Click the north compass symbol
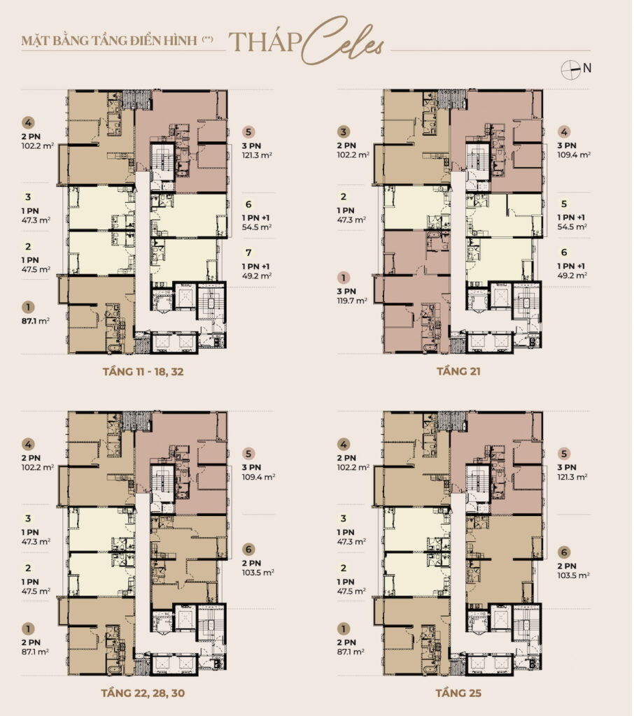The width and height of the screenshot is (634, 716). (570, 70)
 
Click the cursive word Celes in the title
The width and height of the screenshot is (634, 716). (343, 41)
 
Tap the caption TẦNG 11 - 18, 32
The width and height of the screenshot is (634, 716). (143, 372)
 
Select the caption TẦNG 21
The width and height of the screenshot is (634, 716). (458, 371)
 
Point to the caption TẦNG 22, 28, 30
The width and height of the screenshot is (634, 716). (143, 693)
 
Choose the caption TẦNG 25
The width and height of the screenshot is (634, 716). (458, 693)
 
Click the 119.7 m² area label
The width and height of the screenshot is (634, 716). (352, 301)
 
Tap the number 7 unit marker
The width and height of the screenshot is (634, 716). (248, 252)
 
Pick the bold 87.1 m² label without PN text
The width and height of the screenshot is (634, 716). (35, 321)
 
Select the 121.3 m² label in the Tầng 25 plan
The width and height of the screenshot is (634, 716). (572, 477)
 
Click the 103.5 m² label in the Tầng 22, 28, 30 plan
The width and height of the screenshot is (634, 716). (258, 573)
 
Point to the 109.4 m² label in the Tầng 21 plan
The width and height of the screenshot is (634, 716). (574, 155)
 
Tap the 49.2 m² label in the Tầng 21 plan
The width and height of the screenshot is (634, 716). (572, 275)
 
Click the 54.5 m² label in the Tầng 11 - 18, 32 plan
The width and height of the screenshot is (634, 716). (257, 227)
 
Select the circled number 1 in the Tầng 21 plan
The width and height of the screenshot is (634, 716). (344, 278)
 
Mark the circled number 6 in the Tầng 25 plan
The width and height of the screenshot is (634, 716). (564, 552)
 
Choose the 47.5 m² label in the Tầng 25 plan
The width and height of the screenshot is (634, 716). (351, 592)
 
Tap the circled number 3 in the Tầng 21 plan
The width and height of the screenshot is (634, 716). (344, 132)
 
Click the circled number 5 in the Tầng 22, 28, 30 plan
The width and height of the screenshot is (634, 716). (248, 454)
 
